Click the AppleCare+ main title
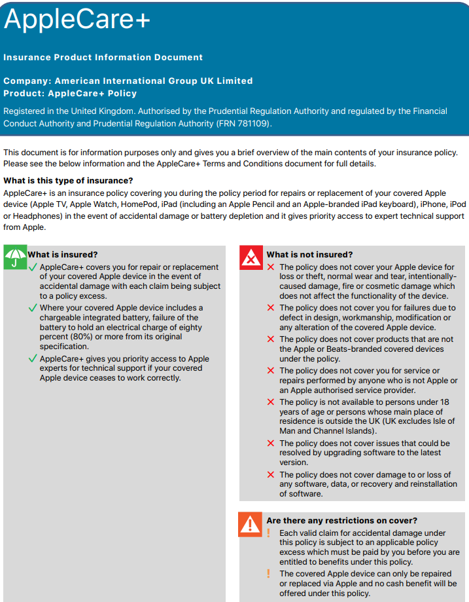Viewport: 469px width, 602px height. (77, 21)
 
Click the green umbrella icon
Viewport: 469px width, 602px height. (15, 257)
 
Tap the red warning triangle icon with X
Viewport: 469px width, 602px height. (251, 258)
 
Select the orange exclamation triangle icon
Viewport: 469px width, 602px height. (251, 524)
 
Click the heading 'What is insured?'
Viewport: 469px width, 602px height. (63, 255)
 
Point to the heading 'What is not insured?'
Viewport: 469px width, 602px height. (309, 255)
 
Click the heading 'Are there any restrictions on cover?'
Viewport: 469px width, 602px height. (341, 521)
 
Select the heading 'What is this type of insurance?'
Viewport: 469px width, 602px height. (68, 181)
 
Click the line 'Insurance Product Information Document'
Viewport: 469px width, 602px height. (103, 58)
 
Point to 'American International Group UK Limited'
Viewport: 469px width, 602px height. (154, 81)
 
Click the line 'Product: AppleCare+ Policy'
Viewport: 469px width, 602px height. (70, 93)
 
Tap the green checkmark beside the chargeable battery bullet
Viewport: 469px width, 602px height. (33, 308)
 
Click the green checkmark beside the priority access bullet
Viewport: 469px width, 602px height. (33, 359)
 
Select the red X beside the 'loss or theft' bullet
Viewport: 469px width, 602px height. (271, 267)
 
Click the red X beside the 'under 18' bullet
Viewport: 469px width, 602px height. (271, 402)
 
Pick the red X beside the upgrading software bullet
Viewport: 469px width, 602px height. (271, 443)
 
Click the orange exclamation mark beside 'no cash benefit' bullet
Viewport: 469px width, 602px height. (268, 574)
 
